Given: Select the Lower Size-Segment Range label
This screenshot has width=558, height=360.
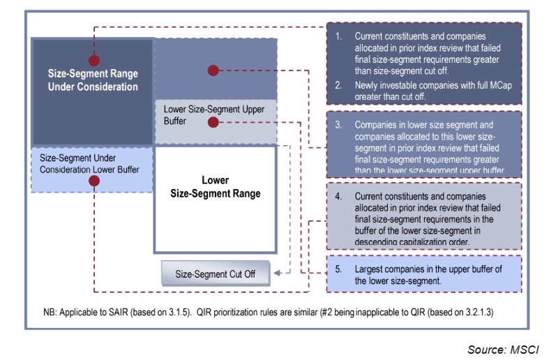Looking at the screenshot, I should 215,187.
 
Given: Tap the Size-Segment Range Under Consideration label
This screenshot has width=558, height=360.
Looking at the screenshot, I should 93,80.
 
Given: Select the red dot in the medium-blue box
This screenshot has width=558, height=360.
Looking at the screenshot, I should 213,70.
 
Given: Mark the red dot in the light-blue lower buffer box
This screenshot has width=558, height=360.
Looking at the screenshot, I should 94,181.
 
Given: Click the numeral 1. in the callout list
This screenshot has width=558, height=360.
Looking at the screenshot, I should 338,36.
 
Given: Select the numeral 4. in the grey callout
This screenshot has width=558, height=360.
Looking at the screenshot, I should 338,197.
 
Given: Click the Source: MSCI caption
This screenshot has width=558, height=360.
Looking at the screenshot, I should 502,349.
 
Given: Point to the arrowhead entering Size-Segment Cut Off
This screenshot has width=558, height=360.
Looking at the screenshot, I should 278,273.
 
